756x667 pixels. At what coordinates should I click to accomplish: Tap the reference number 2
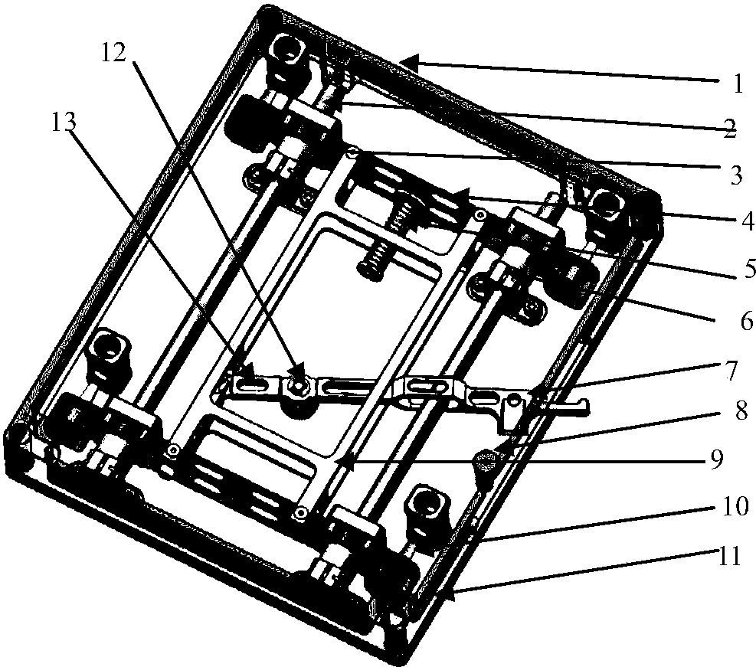731,128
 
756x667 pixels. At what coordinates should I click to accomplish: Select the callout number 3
736,175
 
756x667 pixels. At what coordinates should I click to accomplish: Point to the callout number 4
746,221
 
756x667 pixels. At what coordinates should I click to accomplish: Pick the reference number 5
748,269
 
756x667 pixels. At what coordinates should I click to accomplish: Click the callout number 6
746,321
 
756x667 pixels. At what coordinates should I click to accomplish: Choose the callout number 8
740,410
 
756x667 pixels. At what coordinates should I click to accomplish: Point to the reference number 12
113,53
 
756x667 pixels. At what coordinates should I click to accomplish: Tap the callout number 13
64,123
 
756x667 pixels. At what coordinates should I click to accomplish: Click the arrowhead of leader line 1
407,61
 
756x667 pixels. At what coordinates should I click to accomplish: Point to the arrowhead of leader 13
250,372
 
